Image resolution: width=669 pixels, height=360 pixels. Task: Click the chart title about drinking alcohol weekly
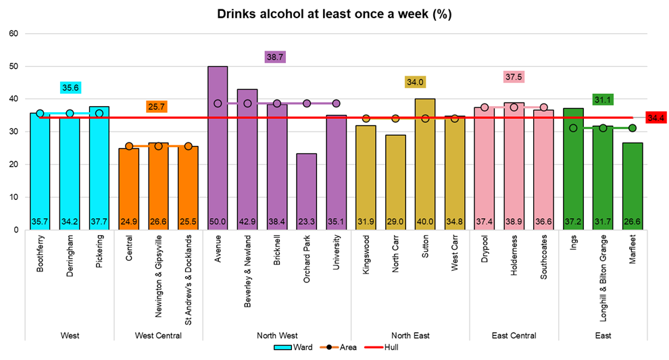pos(334,14)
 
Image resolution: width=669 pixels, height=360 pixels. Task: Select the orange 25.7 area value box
pos(157,107)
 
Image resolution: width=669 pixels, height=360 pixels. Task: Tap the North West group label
pos(276,335)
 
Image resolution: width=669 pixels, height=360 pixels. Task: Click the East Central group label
pos(514,335)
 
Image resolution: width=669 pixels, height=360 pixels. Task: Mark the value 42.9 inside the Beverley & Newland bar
pos(247,221)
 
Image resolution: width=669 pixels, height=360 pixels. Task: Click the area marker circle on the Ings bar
pos(573,128)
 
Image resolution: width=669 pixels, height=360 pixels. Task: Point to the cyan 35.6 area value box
pos(70,88)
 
